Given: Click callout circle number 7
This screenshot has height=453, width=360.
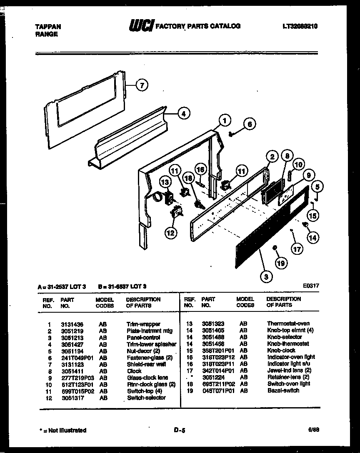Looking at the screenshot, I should click(x=142, y=86).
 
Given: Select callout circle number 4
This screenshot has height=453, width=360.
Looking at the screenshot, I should click(x=183, y=114).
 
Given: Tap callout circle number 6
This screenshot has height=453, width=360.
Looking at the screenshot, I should click(x=249, y=124).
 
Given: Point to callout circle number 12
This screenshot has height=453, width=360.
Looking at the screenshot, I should click(x=170, y=233).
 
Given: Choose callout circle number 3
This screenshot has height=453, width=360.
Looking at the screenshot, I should click(x=266, y=275).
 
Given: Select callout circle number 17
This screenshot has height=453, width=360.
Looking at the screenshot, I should click(x=296, y=250).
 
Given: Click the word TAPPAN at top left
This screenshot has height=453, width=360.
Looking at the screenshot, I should click(x=48, y=27).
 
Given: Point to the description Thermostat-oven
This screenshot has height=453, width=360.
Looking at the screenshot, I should click(x=288, y=324).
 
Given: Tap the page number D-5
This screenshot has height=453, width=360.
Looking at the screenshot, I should click(x=179, y=431).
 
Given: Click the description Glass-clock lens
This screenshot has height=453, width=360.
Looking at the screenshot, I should click(x=147, y=378).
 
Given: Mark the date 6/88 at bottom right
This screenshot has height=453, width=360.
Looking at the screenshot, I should click(x=314, y=430).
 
